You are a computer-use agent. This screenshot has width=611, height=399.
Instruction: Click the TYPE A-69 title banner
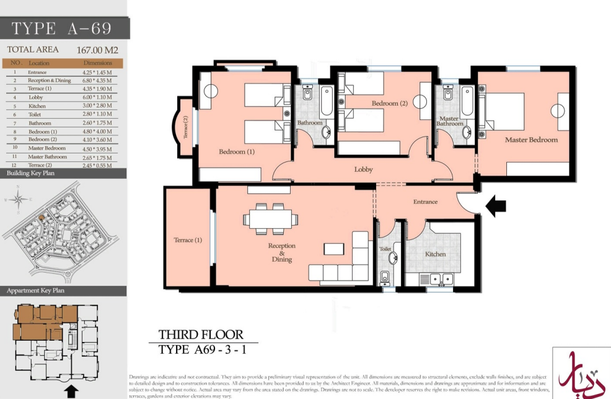click(x=62, y=28)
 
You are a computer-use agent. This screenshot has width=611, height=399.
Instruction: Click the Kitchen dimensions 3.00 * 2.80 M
click(x=97, y=106)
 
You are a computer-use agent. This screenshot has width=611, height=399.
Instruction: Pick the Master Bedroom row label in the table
click(x=46, y=148)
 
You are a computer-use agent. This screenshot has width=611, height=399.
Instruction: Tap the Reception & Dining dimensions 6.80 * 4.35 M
click(x=97, y=80)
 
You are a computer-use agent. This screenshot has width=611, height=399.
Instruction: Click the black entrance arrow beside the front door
click(x=496, y=206)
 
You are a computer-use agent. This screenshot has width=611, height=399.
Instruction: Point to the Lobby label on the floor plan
click(x=363, y=169)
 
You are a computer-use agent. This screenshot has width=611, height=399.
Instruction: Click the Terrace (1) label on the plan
click(x=188, y=240)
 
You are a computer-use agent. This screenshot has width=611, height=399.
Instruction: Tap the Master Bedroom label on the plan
click(x=531, y=140)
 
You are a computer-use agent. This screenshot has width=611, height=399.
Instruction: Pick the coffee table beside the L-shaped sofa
click(x=334, y=249)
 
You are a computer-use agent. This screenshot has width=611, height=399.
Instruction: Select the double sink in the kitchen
click(x=440, y=279)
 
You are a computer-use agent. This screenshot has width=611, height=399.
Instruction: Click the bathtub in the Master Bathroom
click(x=467, y=101)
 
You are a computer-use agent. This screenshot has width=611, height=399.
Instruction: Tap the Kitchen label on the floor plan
click(x=435, y=254)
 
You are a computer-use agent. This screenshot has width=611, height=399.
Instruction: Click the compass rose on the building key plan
click(x=18, y=199)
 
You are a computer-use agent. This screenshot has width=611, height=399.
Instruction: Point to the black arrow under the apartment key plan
click(x=71, y=391)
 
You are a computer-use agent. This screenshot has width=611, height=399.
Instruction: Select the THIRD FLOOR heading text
click(x=200, y=335)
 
